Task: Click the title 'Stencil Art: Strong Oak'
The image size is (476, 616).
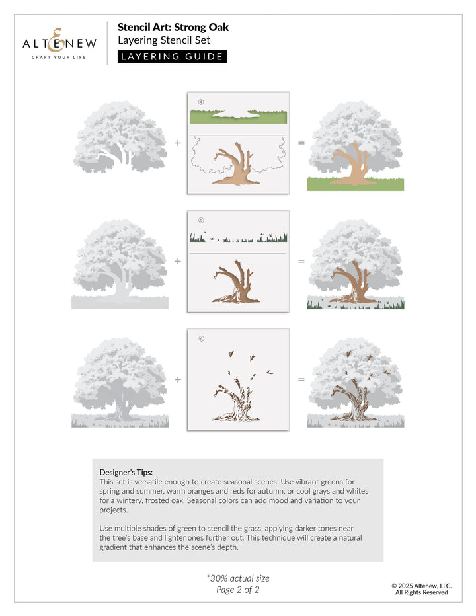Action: [x=173, y=28]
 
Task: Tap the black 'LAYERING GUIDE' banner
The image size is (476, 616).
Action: [x=172, y=56]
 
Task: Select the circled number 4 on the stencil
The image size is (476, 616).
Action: [x=201, y=102]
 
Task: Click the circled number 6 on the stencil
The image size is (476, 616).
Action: [x=201, y=339]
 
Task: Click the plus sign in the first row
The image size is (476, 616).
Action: [x=178, y=143]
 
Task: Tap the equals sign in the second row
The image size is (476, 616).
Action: [x=301, y=261]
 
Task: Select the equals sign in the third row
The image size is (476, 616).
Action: [x=301, y=380]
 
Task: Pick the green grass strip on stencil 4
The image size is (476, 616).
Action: [x=238, y=118]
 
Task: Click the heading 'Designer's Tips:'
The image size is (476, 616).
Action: [x=126, y=472]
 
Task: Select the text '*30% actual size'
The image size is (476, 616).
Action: [x=238, y=578]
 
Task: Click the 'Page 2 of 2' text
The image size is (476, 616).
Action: [x=238, y=590]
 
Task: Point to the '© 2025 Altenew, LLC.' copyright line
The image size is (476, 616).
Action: [x=421, y=585]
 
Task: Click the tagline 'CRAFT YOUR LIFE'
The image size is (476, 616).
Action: [x=59, y=58]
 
